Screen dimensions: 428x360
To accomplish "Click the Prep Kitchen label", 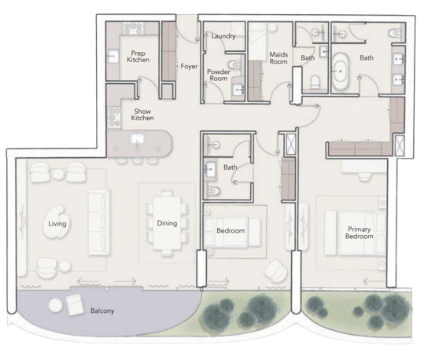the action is (138, 57).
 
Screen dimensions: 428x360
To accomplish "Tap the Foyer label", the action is (189, 66).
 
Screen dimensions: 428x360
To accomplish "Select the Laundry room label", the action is (223, 36).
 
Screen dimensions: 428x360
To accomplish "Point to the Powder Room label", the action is (219, 75).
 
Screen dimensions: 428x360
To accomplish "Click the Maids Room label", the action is (279, 58).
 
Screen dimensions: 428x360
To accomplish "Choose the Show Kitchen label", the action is (142, 115).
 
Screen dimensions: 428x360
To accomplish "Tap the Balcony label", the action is (102, 310).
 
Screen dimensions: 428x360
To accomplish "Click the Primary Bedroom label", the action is (359, 233).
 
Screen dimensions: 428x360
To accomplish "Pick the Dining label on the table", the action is (167, 223).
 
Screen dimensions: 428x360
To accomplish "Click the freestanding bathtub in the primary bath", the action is (341, 72).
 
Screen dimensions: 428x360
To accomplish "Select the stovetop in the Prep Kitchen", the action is (133, 28).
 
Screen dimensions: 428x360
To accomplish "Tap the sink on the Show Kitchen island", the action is (137, 139).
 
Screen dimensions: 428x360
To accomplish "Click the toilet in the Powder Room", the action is (234, 65).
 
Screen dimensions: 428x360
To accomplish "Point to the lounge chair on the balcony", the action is (75, 305).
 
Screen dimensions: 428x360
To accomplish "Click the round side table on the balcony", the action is (55, 305).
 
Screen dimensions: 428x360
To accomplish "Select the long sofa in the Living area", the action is (99, 222).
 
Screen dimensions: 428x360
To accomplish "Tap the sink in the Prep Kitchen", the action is (113, 56).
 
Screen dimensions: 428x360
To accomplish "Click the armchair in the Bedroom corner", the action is (275, 270).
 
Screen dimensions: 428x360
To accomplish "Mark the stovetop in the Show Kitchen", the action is (114, 118).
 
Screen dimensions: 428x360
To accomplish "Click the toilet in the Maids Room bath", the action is (315, 82).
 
